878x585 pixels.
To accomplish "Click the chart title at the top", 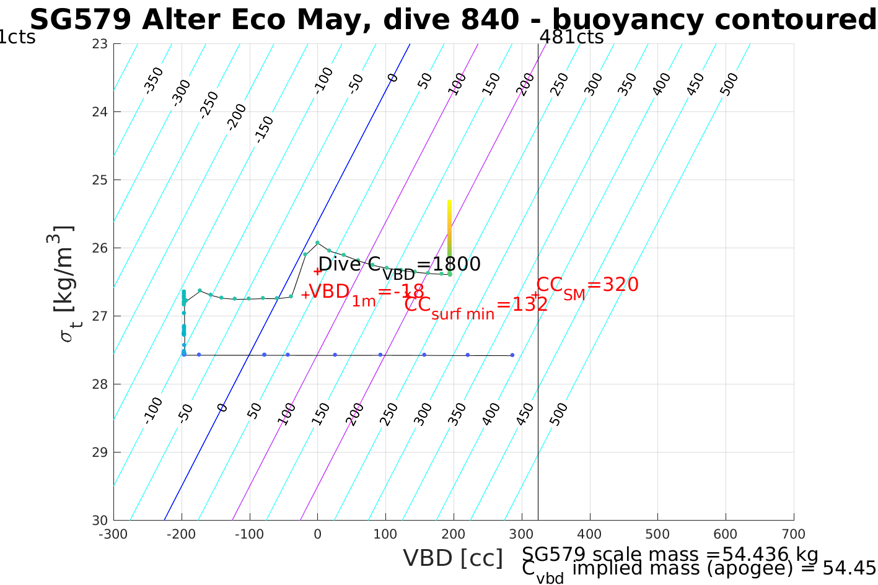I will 452,20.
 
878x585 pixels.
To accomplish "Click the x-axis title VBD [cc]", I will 453,558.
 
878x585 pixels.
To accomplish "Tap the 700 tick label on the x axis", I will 794,534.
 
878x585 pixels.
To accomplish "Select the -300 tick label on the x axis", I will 113,534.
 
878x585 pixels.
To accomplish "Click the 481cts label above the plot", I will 571,37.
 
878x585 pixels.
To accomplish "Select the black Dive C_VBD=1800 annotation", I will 399,266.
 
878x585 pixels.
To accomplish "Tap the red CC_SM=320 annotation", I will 587,286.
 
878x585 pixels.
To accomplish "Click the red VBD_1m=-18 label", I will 366,292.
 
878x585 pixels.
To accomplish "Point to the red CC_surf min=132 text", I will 475,305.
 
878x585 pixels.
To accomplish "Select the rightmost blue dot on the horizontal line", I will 512,355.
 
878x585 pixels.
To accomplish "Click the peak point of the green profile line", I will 317,242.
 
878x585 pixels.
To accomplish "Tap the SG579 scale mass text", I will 670,554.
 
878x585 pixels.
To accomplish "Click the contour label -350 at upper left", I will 153,80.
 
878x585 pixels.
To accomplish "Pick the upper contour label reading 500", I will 729,85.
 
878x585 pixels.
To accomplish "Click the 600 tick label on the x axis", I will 726,534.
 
